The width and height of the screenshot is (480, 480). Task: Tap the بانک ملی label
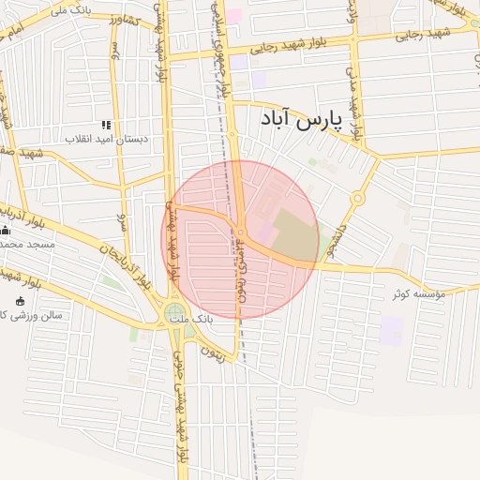76,9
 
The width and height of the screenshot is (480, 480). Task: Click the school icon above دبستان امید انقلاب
106,125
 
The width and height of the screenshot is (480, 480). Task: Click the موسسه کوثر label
413,294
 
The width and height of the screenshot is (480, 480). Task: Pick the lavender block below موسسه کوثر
392,329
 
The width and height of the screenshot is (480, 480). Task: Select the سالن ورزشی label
33,315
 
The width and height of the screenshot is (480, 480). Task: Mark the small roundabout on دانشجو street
357,199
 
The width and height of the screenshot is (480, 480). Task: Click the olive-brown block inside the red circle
295,235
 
